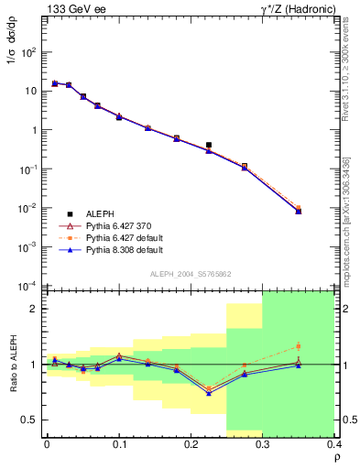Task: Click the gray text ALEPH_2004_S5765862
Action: click(190, 274)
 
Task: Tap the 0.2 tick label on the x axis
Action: click(191, 443)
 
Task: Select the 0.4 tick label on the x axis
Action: click(334, 443)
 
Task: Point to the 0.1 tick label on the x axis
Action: click(119, 443)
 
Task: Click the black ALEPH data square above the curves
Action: click(209, 145)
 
